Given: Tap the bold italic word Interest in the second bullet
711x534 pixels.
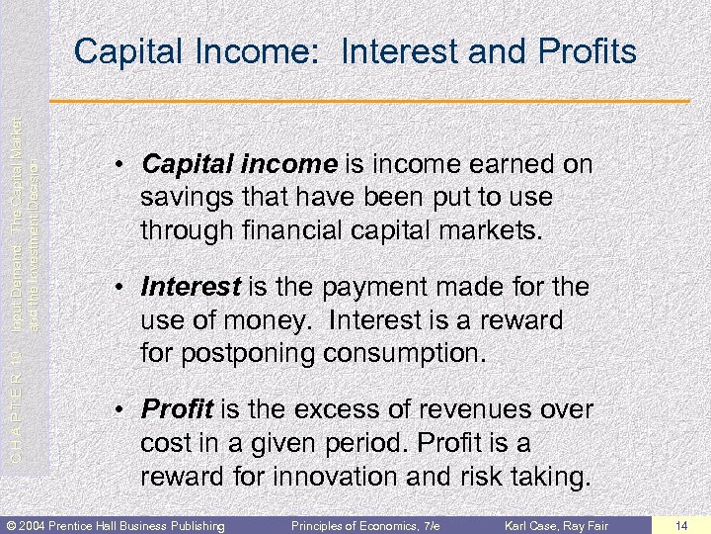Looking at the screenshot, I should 191,287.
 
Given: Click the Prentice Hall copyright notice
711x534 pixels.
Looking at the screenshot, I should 114,524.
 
